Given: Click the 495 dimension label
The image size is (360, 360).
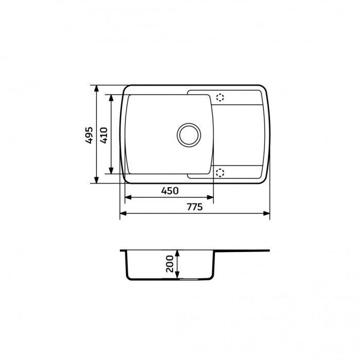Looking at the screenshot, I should point(89,134).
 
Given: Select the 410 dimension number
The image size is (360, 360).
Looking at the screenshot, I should point(103,134).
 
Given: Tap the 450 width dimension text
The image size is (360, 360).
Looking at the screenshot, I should point(169,191).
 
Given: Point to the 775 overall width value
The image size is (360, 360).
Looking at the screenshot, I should point(194,207).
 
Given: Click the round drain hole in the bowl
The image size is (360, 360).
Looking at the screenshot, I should point(188,134).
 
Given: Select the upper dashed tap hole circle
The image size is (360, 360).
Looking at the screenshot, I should point(221,97).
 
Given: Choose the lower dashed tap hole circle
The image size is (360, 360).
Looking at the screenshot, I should point(221,172).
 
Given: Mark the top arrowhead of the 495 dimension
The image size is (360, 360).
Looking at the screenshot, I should point(96,88).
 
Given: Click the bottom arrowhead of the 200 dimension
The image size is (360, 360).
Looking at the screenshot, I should point(177,277).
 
